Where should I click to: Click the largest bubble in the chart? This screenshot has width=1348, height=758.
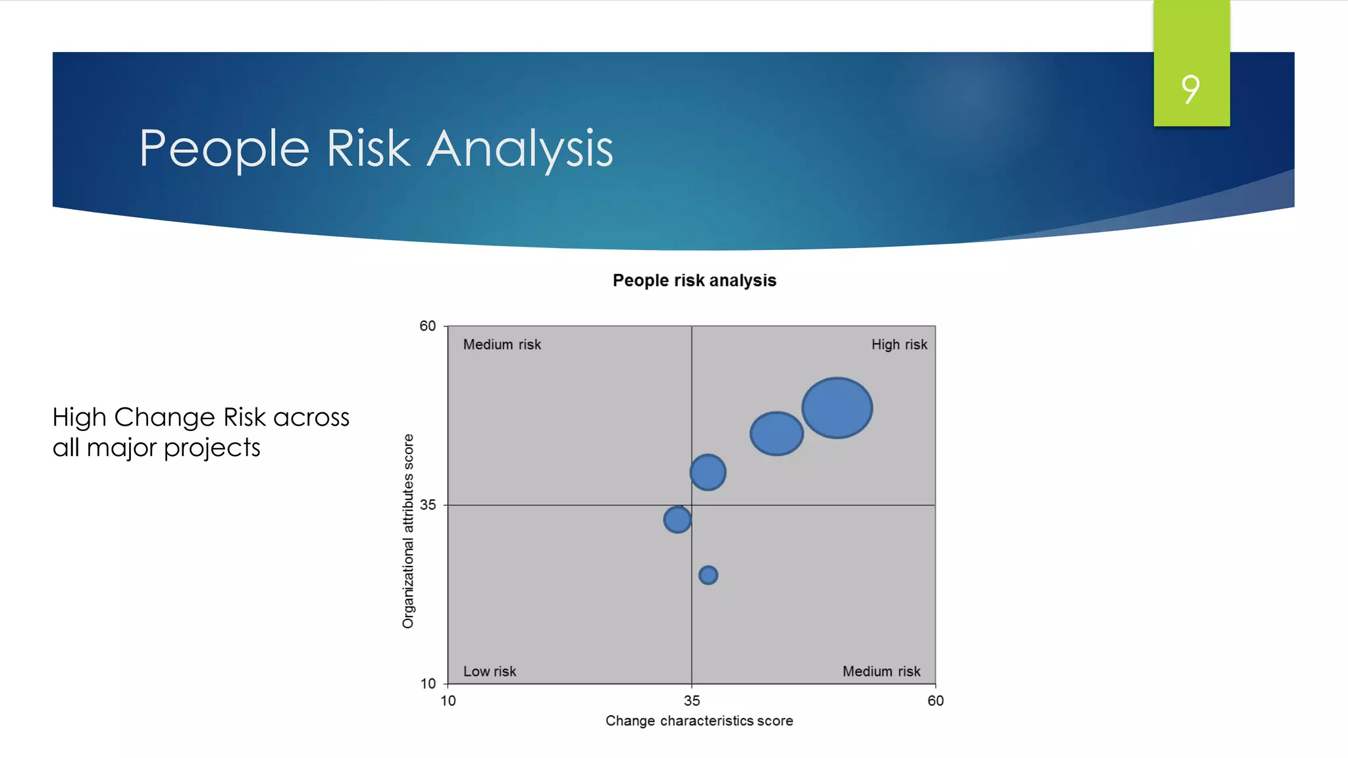tap(837, 408)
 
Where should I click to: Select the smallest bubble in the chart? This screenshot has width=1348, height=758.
tap(708, 575)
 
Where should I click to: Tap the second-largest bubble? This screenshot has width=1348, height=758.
tap(777, 434)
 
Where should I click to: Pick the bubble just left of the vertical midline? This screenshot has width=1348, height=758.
tap(677, 520)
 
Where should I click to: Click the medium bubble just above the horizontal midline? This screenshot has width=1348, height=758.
tap(708, 472)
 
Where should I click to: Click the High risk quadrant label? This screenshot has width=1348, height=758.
tap(899, 345)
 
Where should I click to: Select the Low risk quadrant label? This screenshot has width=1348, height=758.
tap(489, 671)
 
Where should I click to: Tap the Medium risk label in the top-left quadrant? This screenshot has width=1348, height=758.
tap(502, 345)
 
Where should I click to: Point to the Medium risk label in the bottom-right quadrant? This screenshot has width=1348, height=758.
tap(881, 671)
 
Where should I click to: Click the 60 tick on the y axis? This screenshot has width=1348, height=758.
tap(428, 326)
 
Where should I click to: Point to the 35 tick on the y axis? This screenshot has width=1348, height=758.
tap(428, 505)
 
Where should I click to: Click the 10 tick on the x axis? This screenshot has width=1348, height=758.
tap(448, 701)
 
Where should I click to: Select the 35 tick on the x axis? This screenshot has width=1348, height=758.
tap(692, 701)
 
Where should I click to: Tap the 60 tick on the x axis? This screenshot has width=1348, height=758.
tap(935, 701)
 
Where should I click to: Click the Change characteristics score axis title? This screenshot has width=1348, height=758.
tap(699, 721)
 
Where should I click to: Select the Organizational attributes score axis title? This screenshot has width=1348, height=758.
tap(408, 531)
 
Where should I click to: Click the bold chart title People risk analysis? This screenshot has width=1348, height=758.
tap(694, 281)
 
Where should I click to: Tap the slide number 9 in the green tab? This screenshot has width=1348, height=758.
tap(1191, 89)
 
